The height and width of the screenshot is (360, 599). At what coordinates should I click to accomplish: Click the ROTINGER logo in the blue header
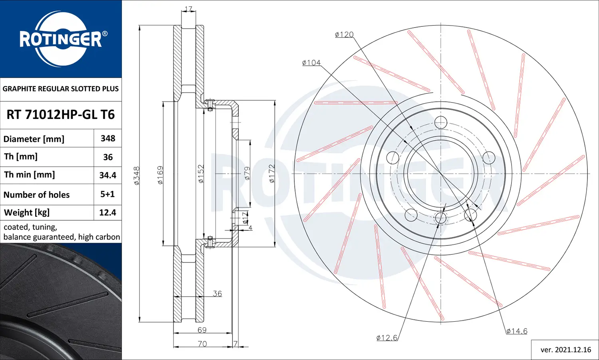pyautogui.click(x=61, y=39)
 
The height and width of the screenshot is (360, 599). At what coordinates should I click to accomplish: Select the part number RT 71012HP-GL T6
pyautogui.click(x=61, y=115)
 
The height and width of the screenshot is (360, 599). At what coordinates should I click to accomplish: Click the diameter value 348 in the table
pyautogui.click(x=108, y=138)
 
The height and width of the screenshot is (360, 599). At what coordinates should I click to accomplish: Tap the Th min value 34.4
pyautogui.click(x=108, y=175)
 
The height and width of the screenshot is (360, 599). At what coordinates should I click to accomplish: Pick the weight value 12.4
pyautogui.click(x=108, y=213)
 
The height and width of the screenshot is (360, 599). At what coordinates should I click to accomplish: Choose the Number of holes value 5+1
pyautogui.click(x=107, y=194)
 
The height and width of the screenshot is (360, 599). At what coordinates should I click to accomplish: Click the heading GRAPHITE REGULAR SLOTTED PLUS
pyautogui.click(x=61, y=89)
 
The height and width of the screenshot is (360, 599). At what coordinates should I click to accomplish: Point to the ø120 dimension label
pyautogui.click(x=344, y=35)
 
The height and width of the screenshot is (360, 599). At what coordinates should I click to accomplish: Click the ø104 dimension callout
pyautogui.click(x=311, y=63)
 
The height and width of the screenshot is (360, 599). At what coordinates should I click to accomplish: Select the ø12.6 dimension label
pyautogui.click(x=387, y=338)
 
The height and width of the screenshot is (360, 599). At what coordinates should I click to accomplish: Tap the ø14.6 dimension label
pyautogui.click(x=517, y=331)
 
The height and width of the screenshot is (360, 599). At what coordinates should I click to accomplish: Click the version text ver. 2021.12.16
pyautogui.click(x=565, y=350)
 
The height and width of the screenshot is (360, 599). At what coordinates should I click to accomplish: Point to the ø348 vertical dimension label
pyautogui.click(x=137, y=176)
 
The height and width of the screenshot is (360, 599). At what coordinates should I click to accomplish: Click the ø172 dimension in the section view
pyautogui.click(x=272, y=174)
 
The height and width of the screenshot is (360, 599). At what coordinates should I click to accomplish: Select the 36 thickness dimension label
pyautogui.click(x=217, y=294)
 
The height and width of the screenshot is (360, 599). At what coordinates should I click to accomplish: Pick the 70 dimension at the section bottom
pyautogui.click(x=202, y=344)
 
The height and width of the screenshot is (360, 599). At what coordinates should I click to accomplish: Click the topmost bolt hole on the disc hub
pyautogui.click(x=440, y=122)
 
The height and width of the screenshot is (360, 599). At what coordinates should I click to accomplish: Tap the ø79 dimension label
pyautogui.click(x=247, y=173)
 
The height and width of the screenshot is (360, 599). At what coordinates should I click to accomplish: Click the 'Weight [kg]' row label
pyautogui.click(x=27, y=213)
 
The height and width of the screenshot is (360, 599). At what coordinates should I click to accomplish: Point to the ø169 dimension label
pyautogui.click(x=161, y=175)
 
